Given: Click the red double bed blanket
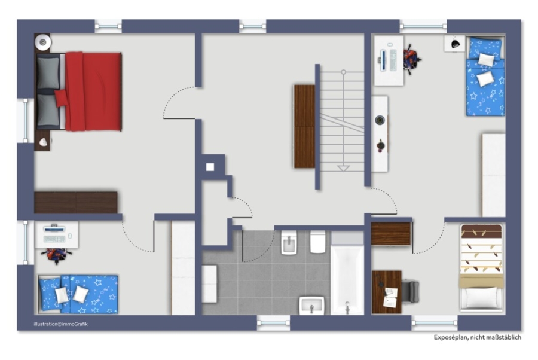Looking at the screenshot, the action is [x=93, y=91].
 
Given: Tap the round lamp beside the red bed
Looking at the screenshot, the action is [x=43, y=42].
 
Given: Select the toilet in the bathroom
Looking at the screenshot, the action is [x=318, y=242].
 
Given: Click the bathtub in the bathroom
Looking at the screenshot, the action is [x=347, y=279].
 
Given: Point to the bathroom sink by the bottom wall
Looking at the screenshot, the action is [x=311, y=306].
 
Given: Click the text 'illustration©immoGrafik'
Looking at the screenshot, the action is [x=61, y=324].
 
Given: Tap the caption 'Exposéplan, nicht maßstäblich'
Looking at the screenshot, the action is [x=477, y=337].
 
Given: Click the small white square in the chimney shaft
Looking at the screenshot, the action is [x=210, y=167].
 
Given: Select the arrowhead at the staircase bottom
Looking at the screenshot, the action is [x=343, y=168].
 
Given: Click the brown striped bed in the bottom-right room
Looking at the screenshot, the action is [x=482, y=268].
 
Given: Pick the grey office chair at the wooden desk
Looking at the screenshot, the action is [x=410, y=292].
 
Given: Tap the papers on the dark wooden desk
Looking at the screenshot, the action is [x=390, y=297].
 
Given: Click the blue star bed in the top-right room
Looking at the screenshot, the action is [x=485, y=76].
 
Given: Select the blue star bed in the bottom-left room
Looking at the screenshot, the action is [x=78, y=294].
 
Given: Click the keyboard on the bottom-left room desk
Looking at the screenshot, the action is [x=54, y=239].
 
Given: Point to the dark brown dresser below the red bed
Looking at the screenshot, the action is [x=76, y=203].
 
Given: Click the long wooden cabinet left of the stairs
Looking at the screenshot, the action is [x=304, y=126].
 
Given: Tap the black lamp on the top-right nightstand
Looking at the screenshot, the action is [x=456, y=44].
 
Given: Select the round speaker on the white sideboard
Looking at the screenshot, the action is [x=380, y=120].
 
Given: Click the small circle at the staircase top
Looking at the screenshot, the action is [x=343, y=72].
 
